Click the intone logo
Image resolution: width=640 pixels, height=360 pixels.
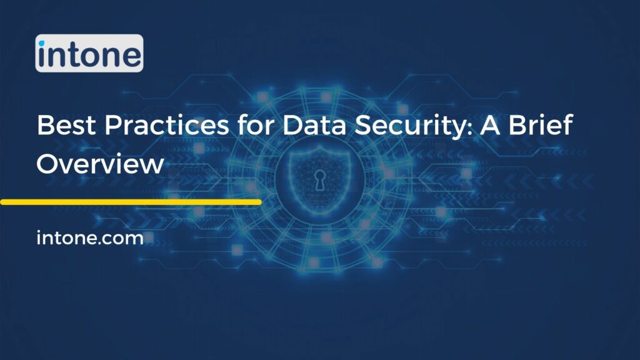(x=89, y=53)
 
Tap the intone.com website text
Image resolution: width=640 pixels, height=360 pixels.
(x=91, y=238)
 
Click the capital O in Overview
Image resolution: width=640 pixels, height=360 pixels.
(x=49, y=164)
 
